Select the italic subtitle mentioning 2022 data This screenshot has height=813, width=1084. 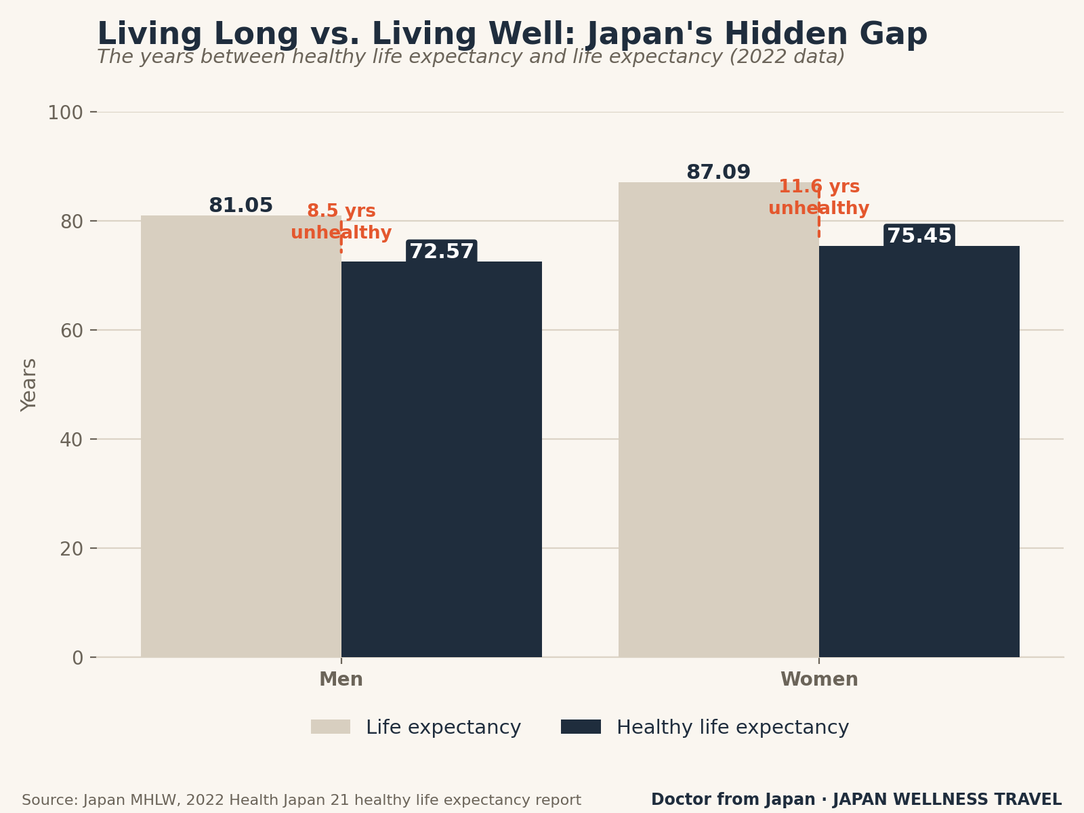(x=471, y=57)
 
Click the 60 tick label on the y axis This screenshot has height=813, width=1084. (x=72, y=330)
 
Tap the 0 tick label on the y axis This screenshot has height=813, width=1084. (x=77, y=657)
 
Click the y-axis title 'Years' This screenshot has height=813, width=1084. (x=28, y=385)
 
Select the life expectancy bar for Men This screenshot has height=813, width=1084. (x=241, y=436)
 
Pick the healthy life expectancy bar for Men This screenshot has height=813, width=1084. (x=442, y=459)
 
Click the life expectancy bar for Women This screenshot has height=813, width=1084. (x=719, y=419)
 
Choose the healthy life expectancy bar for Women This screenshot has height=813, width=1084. (x=919, y=452)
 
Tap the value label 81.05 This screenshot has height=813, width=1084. (x=241, y=205)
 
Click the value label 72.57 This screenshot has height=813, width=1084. (x=442, y=251)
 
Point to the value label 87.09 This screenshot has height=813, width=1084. (x=719, y=172)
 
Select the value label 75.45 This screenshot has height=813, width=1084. (x=919, y=236)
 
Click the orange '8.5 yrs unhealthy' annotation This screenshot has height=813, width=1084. (x=341, y=222)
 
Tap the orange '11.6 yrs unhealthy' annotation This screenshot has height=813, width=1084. (x=819, y=197)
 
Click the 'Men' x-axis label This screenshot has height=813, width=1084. (x=341, y=680)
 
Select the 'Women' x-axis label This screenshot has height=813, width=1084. (x=819, y=680)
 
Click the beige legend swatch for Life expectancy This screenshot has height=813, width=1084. (x=331, y=726)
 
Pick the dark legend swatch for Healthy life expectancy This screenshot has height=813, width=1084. (x=581, y=726)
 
